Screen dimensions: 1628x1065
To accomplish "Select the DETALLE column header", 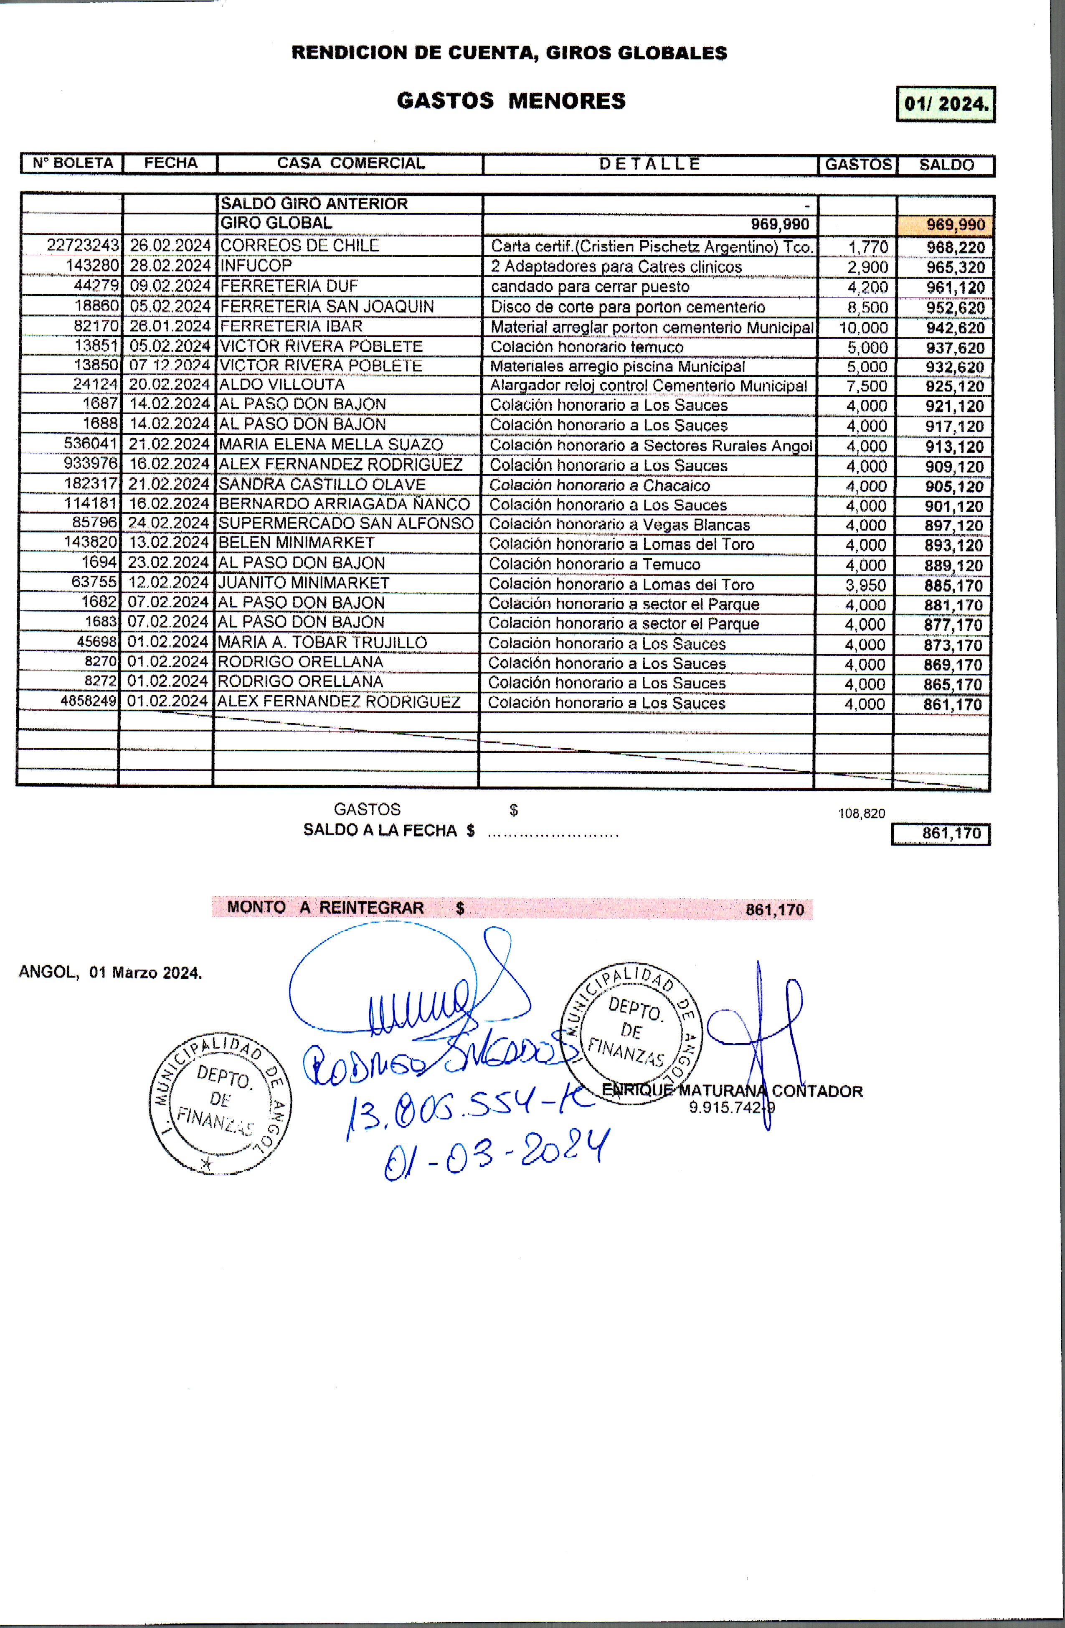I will tap(650, 164).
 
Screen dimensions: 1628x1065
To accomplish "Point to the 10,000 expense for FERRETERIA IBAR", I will tap(863, 328).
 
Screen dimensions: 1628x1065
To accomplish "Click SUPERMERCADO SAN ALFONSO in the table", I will tap(345, 523).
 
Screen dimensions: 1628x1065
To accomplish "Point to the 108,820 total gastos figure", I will tap(861, 813).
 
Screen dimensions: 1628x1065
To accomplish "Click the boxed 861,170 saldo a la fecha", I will tap(941, 834).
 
